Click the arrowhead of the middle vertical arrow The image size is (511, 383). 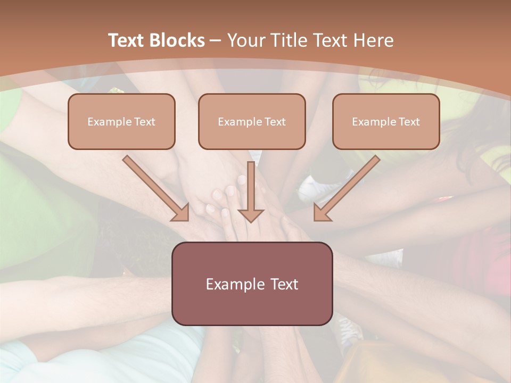click(x=251, y=215)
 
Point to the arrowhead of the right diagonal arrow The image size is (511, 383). click(x=322, y=213)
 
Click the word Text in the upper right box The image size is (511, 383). click(x=409, y=122)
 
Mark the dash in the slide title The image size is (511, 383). click(x=216, y=40)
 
